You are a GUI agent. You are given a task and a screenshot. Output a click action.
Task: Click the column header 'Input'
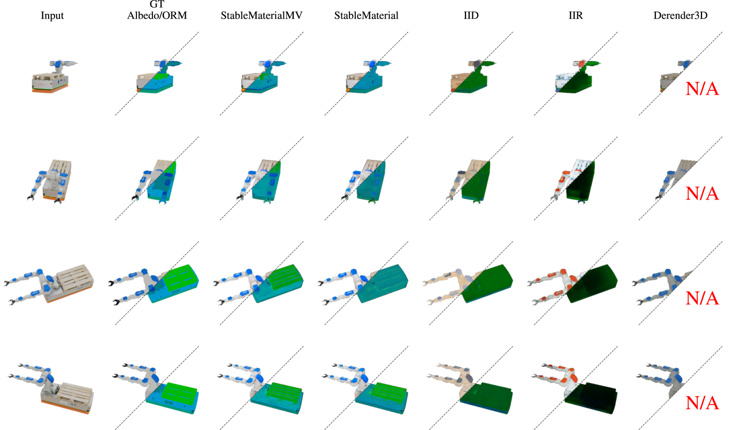(x=52, y=16)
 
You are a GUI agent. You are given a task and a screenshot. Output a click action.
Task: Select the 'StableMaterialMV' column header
(x=262, y=16)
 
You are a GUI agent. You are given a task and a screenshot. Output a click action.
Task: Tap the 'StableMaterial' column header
(x=366, y=16)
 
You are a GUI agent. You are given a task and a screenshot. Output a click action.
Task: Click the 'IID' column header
(x=471, y=16)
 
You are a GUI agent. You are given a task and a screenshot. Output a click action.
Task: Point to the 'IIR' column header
(x=576, y=16)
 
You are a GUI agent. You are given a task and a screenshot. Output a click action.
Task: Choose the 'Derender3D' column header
(x=681, y=16)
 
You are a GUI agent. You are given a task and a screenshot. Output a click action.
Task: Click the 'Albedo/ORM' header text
(x=157, y=16)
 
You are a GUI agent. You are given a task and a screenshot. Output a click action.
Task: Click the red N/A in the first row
(x=703, y=89)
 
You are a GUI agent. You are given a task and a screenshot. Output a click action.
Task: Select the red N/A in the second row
(x=703, y=193)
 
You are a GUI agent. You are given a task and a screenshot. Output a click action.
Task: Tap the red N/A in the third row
(x=703, y=298)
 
